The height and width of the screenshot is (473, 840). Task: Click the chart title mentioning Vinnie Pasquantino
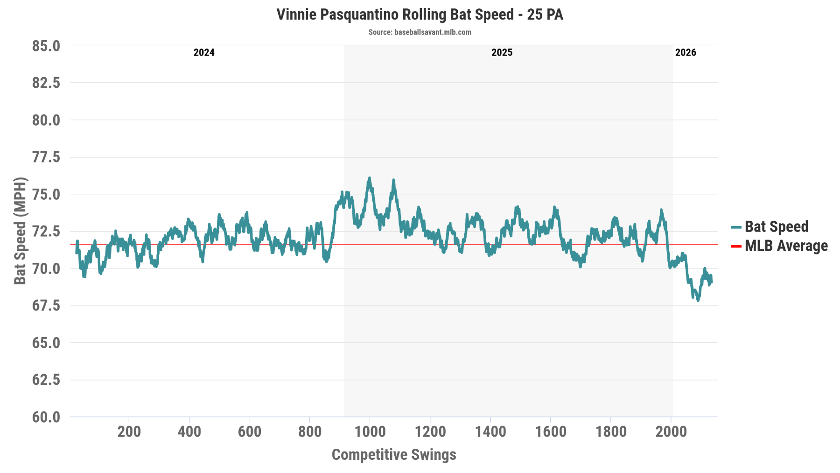pos(420,14)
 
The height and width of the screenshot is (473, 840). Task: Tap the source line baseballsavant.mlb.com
pos(420,32)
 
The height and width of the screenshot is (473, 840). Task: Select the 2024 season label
pos(204,52)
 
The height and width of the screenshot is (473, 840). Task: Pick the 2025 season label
pos(502,52)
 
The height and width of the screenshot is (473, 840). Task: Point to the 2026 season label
pos(686,52)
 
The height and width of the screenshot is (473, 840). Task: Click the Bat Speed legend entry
pos(776,227)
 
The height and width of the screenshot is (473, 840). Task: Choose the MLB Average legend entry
pos(785,246)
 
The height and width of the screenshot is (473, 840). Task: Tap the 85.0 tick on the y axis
pos(46,46)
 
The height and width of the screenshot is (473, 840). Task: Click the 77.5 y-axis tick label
pos(46,157)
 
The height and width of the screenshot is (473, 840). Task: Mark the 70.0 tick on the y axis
pos(46,268)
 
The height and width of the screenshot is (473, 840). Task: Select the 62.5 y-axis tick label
pos(46,380)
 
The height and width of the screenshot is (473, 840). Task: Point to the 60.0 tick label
pos(46,417)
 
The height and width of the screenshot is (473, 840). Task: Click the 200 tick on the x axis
pos(129,431)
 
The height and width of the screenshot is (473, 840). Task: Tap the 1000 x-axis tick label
pos(370,431)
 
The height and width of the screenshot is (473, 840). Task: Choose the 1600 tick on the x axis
pos(551,431)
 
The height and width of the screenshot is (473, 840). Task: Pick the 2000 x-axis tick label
pos(671,431)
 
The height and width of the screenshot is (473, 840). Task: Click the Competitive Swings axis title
pos(393,454)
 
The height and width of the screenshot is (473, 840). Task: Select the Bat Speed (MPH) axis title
pos(20,231)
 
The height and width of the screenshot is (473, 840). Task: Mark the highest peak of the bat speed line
pos(369,178)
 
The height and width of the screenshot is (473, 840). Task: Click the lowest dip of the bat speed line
pos(698,300)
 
